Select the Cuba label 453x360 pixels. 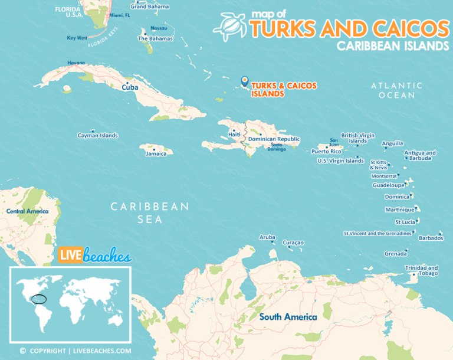click(x=130, y=87)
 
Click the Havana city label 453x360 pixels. click(x=76, y=63)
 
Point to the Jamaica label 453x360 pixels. click(x=156, y=153)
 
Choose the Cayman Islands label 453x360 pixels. click(x=97, y=135)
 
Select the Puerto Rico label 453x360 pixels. click(x=326, y=151)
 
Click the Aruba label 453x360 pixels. click(x=267, y=237)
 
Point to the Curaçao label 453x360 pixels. click(x=293, y=243)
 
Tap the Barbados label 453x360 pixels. click(x=431, y=238)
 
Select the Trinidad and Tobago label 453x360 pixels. click(x=421, y=270)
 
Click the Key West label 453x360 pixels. click(x=77, y=38)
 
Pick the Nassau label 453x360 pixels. click(x=159, y=28)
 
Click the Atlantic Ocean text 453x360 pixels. click(x=396, y=90)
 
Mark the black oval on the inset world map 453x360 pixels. click(x=40, y=299)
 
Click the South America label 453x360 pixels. click(x=288, y=317)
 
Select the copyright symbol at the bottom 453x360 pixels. click(x=22, y=351)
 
